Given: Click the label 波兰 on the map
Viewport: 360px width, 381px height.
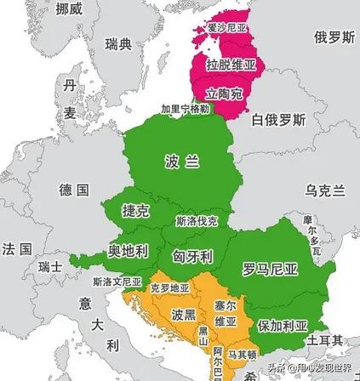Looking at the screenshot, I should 182,162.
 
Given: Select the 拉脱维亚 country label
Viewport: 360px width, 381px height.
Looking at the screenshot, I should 231,65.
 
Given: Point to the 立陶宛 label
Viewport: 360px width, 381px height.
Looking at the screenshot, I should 223,93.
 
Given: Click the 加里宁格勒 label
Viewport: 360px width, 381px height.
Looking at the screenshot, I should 185,110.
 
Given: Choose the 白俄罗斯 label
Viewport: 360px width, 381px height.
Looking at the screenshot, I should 277,120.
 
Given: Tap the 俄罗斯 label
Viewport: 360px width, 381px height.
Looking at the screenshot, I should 334,38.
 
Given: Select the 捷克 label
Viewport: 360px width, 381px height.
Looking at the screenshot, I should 136,210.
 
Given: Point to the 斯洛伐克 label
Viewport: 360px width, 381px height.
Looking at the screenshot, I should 197,221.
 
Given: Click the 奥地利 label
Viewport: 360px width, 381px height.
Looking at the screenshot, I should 128,251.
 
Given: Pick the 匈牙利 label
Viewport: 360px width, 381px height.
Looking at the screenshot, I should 192,256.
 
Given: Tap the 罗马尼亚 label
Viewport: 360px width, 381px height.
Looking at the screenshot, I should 270,270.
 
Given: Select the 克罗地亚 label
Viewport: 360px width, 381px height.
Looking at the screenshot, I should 169,288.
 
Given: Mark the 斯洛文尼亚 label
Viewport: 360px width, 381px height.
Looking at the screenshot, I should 117,281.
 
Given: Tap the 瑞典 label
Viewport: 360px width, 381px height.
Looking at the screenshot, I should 118,43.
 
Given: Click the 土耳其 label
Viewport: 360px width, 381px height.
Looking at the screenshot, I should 326,340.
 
